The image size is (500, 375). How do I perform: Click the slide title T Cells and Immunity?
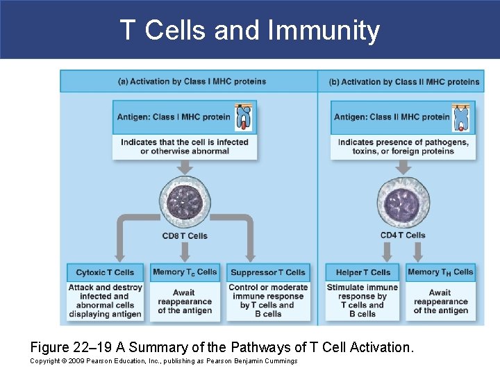tap(250, 31)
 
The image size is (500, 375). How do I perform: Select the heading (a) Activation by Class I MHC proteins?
tap(192, 81)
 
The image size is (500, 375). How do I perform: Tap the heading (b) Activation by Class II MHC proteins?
tap(403, 82)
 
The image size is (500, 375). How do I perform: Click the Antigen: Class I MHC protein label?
tap(173, 117)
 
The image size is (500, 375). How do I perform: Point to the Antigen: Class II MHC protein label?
tap(392, 117)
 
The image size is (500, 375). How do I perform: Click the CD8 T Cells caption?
tap(185, 236)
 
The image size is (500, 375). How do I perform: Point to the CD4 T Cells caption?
tap(403, 235)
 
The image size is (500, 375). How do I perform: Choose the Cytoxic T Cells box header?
tap(105, 272)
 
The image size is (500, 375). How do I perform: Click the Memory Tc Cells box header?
tap(185, 272)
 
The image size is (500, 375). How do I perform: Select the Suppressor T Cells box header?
tap(267, 272)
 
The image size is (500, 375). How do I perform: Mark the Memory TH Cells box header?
tap(440, 272)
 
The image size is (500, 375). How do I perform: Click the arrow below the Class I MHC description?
tap(185, 167)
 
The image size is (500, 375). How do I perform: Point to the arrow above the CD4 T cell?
tap(403, 169)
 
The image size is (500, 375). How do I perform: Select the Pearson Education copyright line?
tap(164, 361)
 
